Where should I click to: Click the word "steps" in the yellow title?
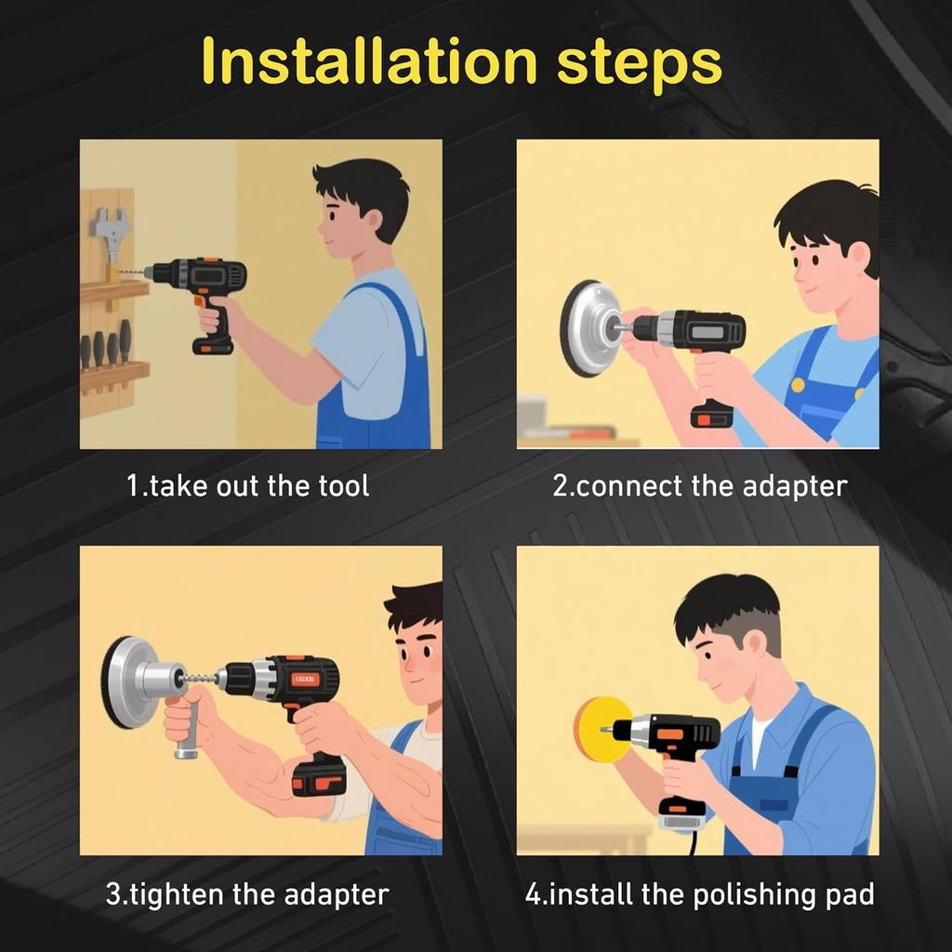640,67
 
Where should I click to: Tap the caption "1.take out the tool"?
247,485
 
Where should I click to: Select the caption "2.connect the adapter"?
699,486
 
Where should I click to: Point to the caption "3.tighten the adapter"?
247,894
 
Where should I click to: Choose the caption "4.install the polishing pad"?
699,894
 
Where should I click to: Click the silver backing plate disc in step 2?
586,328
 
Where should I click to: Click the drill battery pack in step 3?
319,776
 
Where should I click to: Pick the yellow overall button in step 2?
798,385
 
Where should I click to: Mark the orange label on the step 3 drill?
303,680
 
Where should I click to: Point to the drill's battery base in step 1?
213,346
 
